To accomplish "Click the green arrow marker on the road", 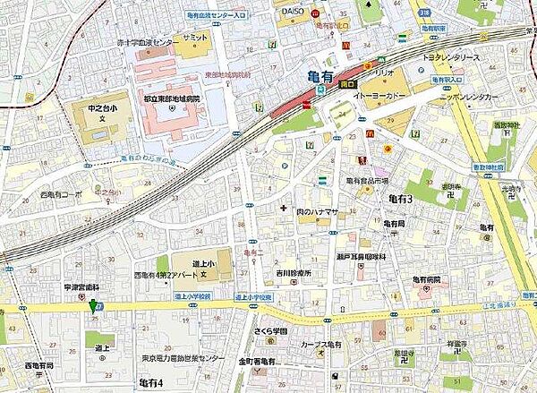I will pos(91,305).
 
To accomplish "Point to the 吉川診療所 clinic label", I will pos(291,273).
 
